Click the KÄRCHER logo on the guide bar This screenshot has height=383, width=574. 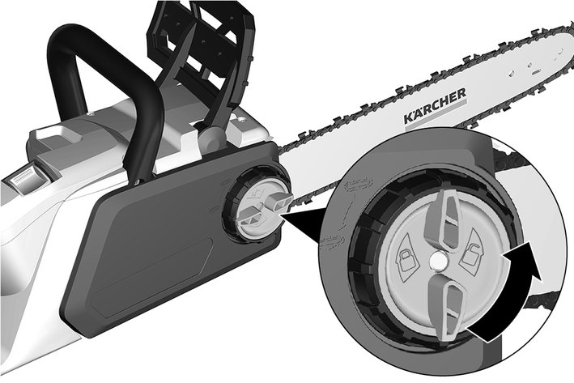(435, 106)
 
